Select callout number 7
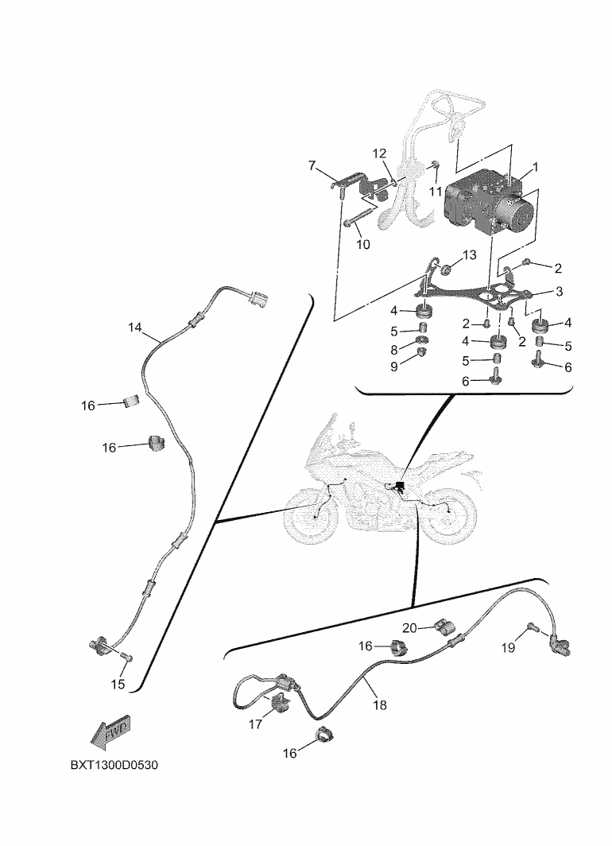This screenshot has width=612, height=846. (313, 166)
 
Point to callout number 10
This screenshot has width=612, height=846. (363, 244)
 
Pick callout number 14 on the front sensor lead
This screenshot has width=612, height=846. (135, 327)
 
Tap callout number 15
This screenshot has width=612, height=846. (118, 684)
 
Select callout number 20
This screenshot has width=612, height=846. (409, 627)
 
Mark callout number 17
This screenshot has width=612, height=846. (255, 724)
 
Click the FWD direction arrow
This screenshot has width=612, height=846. (110, 732)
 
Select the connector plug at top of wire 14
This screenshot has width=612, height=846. (258, 299)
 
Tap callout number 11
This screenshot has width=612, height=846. (435, 192)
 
